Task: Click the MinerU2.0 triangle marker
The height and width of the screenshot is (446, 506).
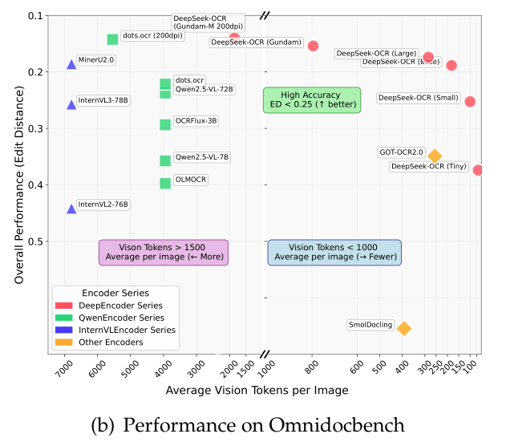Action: click(x=71, y=64)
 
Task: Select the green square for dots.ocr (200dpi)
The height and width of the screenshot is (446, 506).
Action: click(x=112, y=39)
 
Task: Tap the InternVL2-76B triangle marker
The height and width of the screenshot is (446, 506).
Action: click(x=71, y=209)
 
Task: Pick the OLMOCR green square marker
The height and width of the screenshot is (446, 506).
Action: click(x=165, y=183)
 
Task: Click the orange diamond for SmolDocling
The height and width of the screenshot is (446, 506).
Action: click(x=404, y=328)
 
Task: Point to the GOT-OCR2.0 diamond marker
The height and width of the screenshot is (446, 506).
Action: click(x=435, y=156)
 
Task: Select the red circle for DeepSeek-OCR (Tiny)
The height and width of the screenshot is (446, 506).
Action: click(x=478, y=169)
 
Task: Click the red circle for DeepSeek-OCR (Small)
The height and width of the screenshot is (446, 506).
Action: click(x=470, y=101)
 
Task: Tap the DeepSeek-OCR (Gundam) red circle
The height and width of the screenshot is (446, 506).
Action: click(x=314, y=46)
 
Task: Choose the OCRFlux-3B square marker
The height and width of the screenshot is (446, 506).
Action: click(x=165, y=124)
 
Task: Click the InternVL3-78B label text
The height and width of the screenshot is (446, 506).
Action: click(x=103, y=100)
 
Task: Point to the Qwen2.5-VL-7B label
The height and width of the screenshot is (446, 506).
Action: click(x=202, y=156)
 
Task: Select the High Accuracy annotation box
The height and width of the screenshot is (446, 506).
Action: click(x=312, y=99)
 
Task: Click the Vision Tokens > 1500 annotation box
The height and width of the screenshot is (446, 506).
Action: click(x=163, y=252)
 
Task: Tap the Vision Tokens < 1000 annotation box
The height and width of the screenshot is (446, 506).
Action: click(x=333, y=252)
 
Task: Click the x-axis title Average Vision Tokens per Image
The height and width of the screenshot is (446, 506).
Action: click(x=257, y=391)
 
